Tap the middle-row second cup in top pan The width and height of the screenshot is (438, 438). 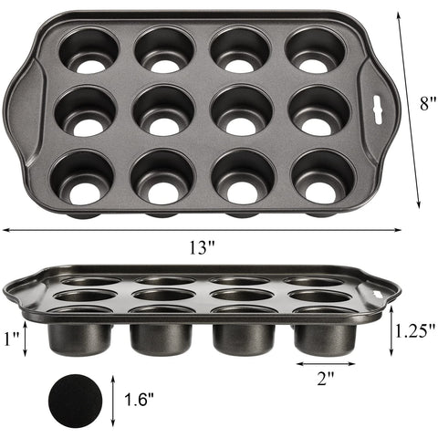(162, 112)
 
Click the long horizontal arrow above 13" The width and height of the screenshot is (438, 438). (203, 230)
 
